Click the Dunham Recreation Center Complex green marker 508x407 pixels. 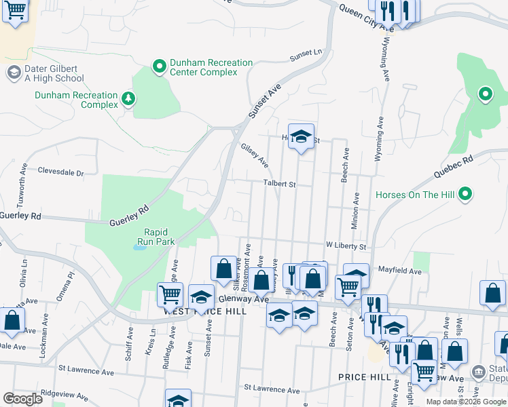[160, 66]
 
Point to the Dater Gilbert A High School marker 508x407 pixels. [13, 73]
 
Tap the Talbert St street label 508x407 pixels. [280, 184]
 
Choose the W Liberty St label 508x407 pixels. [346, 246]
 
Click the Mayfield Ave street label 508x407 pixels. [400, 271]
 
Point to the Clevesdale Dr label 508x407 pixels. [60, 172]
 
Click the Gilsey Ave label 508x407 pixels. [255, 155]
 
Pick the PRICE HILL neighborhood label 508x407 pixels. [363, 376]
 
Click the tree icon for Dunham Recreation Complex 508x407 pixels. [128, 100]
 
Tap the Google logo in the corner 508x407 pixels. [22, 399]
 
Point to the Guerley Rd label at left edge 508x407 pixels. [20, 216]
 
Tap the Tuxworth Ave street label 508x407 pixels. [24, 178]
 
